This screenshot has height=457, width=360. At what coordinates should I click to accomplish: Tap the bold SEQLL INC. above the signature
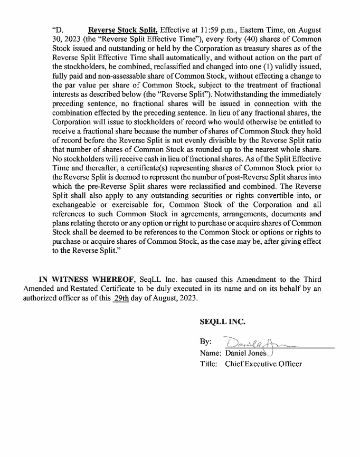222,321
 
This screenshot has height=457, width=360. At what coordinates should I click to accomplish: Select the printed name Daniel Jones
246,353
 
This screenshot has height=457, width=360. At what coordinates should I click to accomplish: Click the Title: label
209,364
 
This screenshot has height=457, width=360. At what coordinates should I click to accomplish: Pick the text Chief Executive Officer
263,364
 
